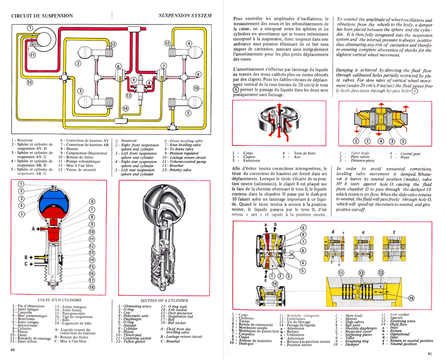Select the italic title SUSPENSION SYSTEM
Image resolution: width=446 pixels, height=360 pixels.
(x=184, y=16)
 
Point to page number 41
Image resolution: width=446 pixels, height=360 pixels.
(x=429, y=354)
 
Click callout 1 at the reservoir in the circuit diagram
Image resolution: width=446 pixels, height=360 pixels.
(x=29, y=28)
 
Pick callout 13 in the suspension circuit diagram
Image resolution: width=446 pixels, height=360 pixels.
(x=128, y=95)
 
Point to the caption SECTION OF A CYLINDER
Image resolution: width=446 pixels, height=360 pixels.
(x=164, y=300)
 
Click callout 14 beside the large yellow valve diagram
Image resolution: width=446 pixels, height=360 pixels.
(x=411, y=298)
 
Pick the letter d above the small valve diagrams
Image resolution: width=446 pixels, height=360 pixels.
(x=333, y=232)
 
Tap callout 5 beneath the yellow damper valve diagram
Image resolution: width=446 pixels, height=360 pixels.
(x=404, y=142)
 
